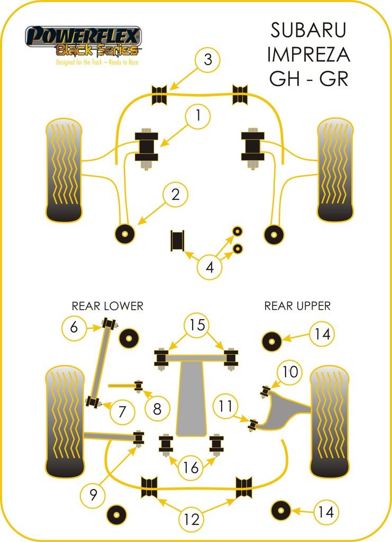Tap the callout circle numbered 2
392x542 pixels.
pos(175,195)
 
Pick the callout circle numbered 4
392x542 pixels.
pos(210,268)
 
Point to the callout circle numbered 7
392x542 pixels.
pos(122,411)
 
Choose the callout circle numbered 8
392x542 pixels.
pos(157,408)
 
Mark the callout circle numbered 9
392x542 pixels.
pos(93,495)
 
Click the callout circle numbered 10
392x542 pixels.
pos(290,372)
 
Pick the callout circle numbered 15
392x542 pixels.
pos(196,324)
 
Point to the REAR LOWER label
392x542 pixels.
pos(107,306)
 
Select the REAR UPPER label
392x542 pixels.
pos(297,306)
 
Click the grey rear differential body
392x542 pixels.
pos(192,398)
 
